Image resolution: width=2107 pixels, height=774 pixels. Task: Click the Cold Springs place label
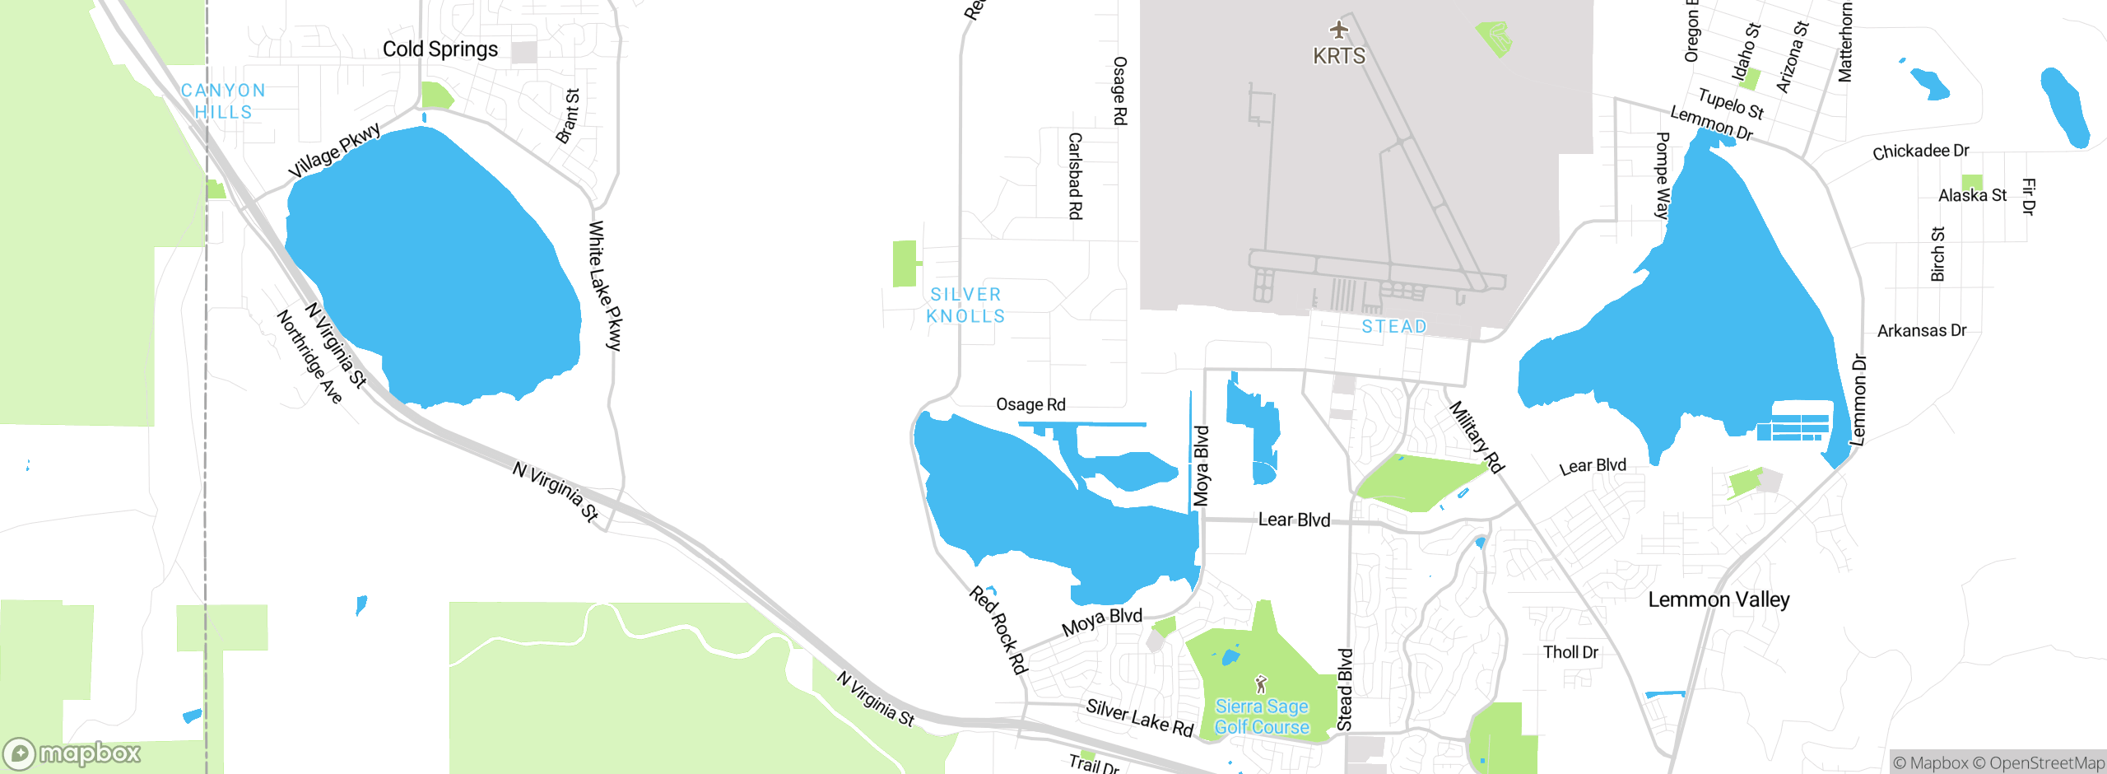coord(440,49)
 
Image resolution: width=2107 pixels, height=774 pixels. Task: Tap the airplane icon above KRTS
coord(1339,30)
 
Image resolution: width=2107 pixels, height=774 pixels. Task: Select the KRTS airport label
coord(1339,56)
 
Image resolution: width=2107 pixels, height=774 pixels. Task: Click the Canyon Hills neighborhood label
coord(223,101)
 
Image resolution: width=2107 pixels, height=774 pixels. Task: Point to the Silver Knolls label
coord(965,305)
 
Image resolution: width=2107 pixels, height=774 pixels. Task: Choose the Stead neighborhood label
coord(1394,327)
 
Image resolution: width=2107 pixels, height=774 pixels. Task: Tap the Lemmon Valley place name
coord(1719,599)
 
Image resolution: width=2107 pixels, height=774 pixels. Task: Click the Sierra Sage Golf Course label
coord(1262,716)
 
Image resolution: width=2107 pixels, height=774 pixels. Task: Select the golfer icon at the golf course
coord(1261,683)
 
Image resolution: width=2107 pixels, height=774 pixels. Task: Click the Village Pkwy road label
coord(335,150)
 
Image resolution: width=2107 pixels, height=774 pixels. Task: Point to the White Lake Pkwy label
coord(606,286)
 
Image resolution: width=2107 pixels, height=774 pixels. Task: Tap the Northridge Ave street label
coord(309,357)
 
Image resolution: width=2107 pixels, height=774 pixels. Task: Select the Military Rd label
coord(1477,436)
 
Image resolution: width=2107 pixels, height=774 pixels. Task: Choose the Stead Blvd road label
coord(1345,689)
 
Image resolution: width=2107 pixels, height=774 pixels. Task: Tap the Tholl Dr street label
coord(1570,652)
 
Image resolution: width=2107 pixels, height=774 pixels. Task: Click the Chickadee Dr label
coord(1920,152)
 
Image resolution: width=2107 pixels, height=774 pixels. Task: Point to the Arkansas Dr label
coord(1921,331)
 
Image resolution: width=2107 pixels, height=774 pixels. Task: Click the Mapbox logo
coord(72,753)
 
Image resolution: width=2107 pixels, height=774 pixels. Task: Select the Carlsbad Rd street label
coord(1075,175)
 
